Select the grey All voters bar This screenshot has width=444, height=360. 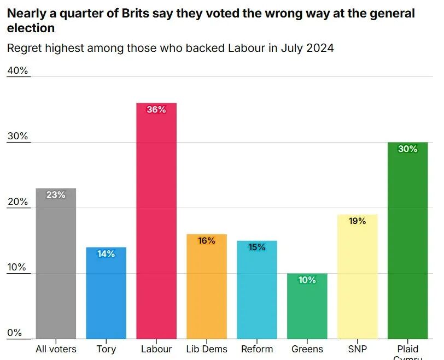pyautogui.click(x=56, y=268)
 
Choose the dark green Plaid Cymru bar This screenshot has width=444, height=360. pyautogui.click(x=407, y=246)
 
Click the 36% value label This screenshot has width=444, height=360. pyautogui.click(x=156, y=109)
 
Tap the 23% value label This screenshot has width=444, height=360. pyautogui.click(x=56, y=194)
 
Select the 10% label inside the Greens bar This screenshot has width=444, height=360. pyautogui.click(x=307, y=280)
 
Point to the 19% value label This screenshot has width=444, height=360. pyautogui.click(x=357, y=221)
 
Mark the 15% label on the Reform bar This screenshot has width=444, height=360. pyautogui.click(x=257, y=247)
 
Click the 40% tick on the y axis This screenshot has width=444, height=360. pyautogui.click(x=17, y=70)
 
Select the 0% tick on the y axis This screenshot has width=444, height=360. pyautogui.click(x=15, y=333)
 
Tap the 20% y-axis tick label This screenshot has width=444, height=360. pyautogui.click(x=17, y=202)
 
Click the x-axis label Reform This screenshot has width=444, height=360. pyautogui.click(x=257, y=349)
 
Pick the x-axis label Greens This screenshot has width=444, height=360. pyautogui.click(x=307, y=349)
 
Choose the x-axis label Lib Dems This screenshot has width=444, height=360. pyautogui.click(x=207, y=349)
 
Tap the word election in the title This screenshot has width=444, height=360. pyautogui.click(x=31, y=27)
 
